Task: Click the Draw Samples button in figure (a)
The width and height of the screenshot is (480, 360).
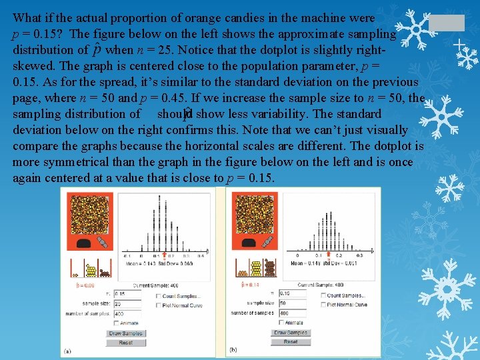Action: tap(125, 333)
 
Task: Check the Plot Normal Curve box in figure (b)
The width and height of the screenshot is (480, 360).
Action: tap(323, 305)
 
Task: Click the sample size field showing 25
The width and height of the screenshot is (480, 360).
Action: tap(127, 304)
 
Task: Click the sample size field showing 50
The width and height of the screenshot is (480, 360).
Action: tap(292, 303)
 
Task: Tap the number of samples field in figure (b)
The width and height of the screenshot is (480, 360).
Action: tap(292, 313)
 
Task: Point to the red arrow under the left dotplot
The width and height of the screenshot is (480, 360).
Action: tap(165, 255)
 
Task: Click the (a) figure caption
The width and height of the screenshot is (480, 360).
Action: tap(67, 351)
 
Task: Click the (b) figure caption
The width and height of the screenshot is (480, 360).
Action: tap(233, 349)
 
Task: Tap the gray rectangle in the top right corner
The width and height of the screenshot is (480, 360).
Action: tap(446, 23)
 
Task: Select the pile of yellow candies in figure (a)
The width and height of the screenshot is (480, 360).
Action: tap(93, 271)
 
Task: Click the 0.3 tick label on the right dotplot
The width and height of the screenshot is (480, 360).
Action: tap(360, 255)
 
